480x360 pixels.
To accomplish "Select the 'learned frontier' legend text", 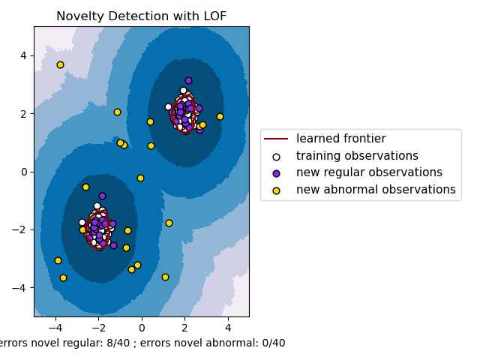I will click(340, 139).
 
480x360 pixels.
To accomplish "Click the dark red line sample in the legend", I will click(276, 139).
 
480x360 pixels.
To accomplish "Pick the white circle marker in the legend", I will click(276, 156).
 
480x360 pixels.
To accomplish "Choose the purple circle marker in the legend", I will click(276, 172).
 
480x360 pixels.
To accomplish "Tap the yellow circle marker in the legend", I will click(276, 190).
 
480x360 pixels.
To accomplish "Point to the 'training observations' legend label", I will click(357, 156).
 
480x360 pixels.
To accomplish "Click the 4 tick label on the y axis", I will click(24, 55).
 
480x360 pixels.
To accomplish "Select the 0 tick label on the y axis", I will click(24, 172).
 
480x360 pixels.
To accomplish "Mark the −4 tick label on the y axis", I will click(21, 288).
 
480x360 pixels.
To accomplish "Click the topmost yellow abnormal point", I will click(60, 64).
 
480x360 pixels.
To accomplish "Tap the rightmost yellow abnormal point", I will click(220, 116).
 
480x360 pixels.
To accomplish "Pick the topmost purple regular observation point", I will click(188, 80).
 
